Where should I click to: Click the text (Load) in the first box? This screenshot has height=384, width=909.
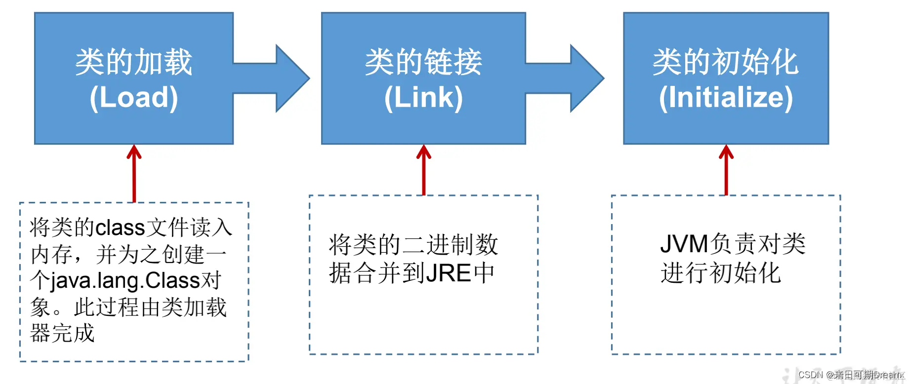133,97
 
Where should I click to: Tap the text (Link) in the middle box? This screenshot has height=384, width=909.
423,97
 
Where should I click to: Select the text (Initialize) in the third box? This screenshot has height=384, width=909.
726,97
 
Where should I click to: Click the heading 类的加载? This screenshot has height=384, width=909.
133,62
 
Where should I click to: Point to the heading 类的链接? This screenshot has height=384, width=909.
423,62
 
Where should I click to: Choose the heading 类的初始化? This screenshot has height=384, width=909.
726,62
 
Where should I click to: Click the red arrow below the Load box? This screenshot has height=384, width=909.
134,173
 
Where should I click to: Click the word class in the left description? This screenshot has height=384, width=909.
120,228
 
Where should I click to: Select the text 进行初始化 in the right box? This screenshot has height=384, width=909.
720,273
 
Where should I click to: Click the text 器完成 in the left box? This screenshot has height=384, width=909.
62,333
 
